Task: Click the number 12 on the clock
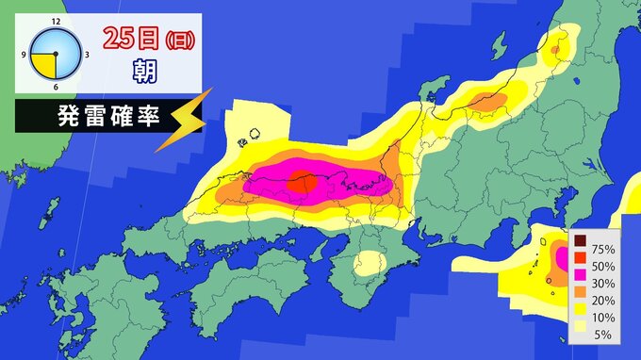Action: coord(57,20)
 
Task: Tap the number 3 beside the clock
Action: coord(87,54)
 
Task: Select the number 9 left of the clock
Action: coord(25,54)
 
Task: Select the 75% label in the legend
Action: coord(601,250)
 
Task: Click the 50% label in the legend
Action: coord(601,267)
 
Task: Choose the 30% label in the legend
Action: coord(601,284)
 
